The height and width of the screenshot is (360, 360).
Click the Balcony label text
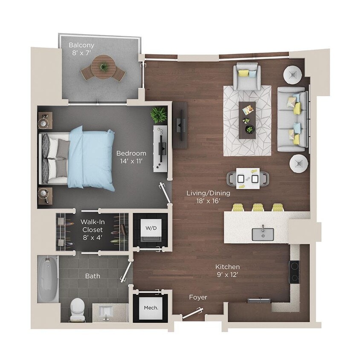[x=82, y=45]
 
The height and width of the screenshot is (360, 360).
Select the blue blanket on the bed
[x=92, y=158]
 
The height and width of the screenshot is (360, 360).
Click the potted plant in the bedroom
[x=158, y=114]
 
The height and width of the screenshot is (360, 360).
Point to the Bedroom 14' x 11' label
[x=132, y=157]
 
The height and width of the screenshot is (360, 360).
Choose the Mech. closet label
[x=151, y=308]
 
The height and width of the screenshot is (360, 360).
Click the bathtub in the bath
[x=48, y=279]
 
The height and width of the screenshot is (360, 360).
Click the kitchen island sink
[x=262, y=233]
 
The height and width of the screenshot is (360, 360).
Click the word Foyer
[x=198, y=297]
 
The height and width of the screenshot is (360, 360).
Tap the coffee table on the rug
[x=247, y=120]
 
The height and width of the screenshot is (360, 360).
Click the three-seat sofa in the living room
[x=292, y=119]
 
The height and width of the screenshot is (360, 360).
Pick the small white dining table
[x=248, y=178]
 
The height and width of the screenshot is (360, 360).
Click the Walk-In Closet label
[x=93, y=229]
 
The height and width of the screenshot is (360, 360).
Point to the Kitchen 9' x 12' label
[x=227, y=270]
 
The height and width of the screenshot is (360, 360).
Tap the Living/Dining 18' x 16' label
[x=208, y=197]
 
